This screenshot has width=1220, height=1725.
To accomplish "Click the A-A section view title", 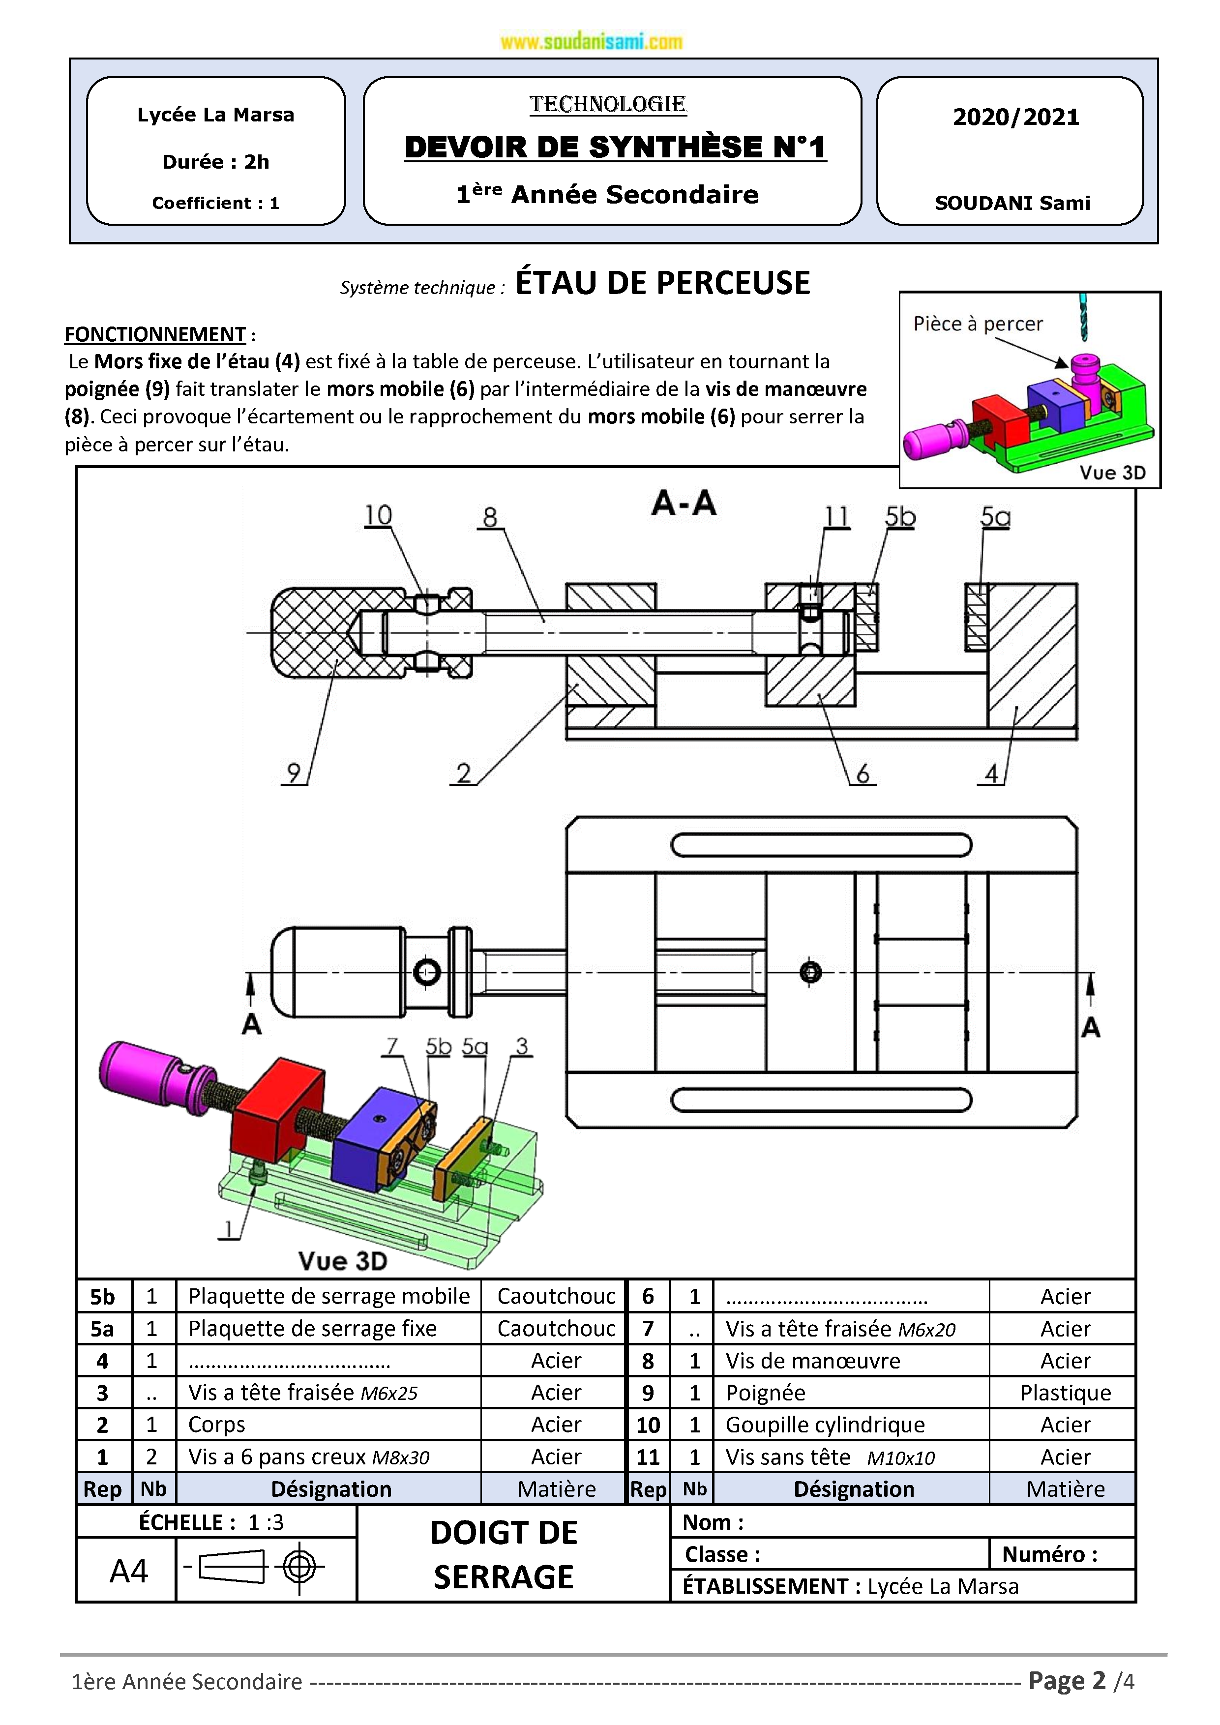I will (x=684, y=503).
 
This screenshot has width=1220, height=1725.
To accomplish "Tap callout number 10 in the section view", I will (x=378, y=515).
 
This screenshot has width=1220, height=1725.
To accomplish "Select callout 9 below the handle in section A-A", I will (x=294, y=773).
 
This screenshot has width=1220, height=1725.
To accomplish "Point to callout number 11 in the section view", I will (x=836, y=517).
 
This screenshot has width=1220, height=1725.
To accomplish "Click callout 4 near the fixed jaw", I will (x=992, y=773).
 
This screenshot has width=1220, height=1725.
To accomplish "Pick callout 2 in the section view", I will (x=464, y=773).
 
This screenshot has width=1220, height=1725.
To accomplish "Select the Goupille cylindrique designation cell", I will (x=825, y=1425).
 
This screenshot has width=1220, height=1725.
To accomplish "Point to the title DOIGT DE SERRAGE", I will (x=504, y=1554).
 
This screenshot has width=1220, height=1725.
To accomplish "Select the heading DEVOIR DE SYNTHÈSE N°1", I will (x=615, y=147).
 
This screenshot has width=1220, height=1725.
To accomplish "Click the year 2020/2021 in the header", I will (x=1015, y=117).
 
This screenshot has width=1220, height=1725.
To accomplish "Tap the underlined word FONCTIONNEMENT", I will (x=155, y=334).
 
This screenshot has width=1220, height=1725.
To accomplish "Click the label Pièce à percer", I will (x=978, y=324).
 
